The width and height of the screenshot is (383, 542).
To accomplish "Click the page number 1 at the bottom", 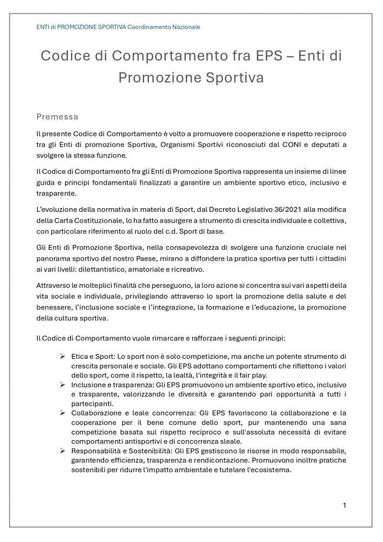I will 345,505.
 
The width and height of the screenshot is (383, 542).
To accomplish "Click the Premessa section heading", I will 57,117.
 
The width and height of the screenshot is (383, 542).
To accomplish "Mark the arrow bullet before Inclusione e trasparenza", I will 63,384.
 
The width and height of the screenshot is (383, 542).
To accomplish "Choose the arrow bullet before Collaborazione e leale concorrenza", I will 63,413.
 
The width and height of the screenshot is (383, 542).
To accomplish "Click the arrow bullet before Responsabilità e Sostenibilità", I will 63,451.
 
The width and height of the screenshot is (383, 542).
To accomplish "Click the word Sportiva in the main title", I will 237,78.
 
